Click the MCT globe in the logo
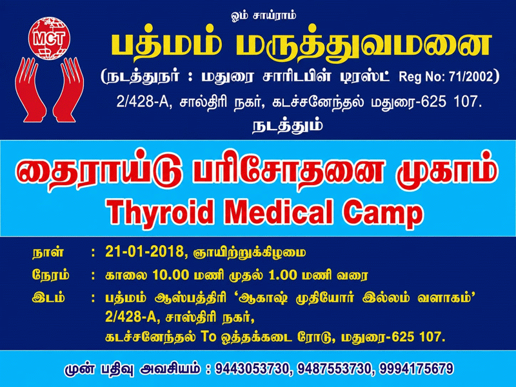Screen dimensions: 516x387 coord(50,38)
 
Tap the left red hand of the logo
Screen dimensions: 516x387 coord(30,90)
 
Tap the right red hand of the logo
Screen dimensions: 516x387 coord(68,90)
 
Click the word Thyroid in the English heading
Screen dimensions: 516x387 coord(159,212)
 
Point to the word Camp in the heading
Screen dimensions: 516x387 coord(382,213)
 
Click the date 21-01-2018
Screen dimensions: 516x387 coord(144,252)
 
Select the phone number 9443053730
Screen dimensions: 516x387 coord(252,368)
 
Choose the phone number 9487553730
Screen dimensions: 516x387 coord(334,368)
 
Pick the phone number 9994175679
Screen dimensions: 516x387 coord(416,368)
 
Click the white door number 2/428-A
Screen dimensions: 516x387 coord(143,102)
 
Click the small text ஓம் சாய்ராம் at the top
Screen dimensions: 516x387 coord(264,15)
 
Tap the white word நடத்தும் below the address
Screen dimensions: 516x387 coord(288,126)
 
